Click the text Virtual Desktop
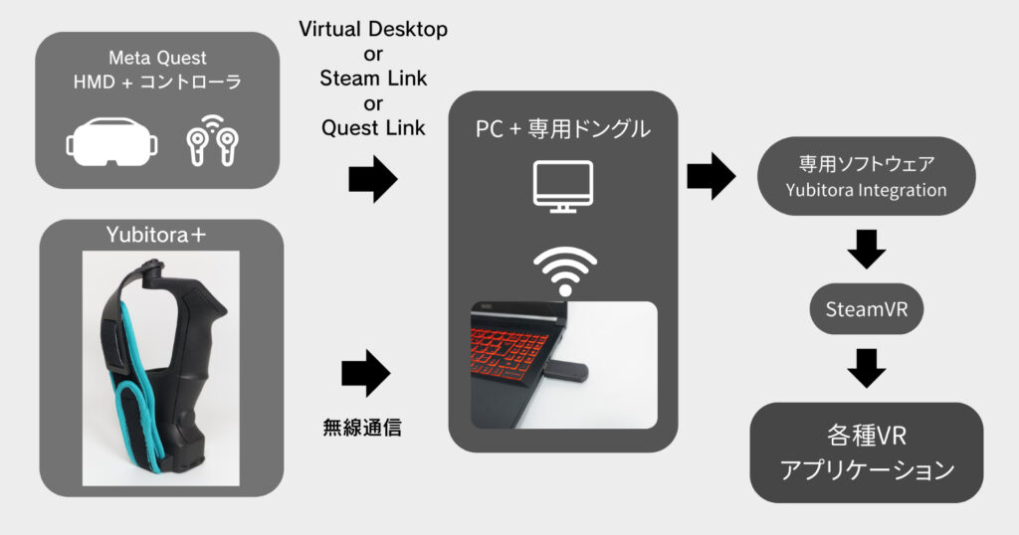tap(373, 30)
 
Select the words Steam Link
tap(373, 79)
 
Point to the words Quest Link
tap(373, 127)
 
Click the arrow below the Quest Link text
tap(372, 180)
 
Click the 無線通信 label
tap(363, 427)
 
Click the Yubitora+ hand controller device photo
tap(159, 368)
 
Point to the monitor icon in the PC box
tap(563, 186)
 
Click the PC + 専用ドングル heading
tap(563, 129)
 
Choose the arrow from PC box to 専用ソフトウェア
tap(711, 177)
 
